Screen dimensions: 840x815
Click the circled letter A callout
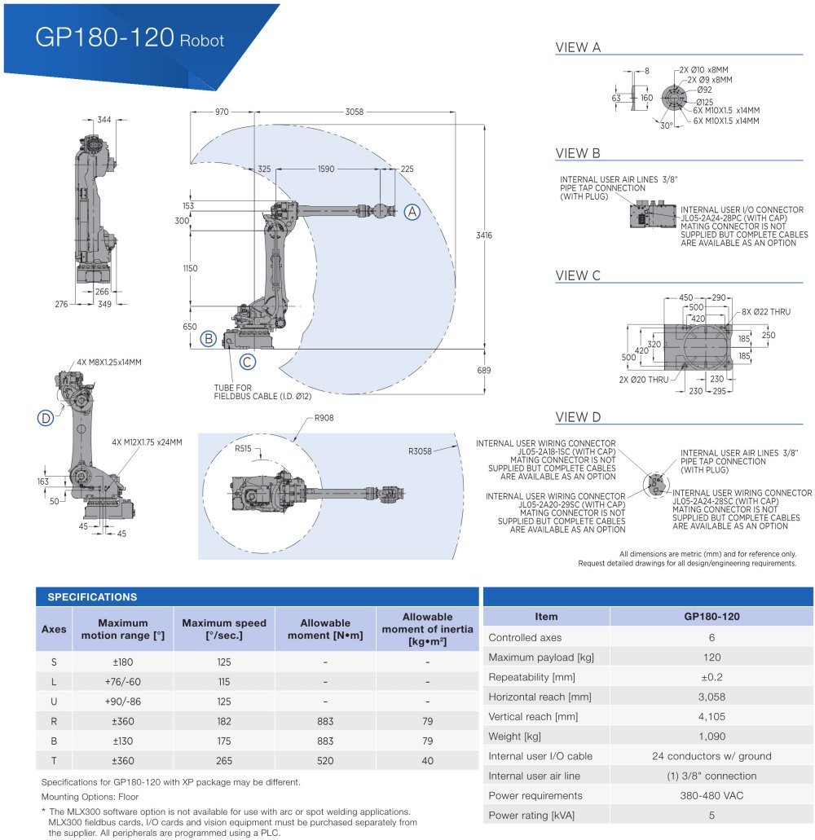(x=412, y=212)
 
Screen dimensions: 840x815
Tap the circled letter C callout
(x=248, y=363)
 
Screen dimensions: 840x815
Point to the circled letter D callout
(x=46, y=418)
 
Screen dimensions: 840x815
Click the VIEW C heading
(x=578, y=275)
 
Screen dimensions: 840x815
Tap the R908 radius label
(x=324, y=418)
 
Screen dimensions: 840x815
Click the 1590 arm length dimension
(x=325, y=169)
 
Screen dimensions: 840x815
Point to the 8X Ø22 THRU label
(x=766, y=311)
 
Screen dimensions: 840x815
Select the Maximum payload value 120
(x=711, y=657)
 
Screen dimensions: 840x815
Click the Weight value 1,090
(x=711, y=737)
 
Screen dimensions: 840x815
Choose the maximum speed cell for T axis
(x=224, y=761)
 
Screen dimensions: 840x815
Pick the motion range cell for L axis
(x=122, y=681)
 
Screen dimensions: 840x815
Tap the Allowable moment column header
(x=325, y=629)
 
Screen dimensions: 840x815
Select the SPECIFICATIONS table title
(x=92, y=597)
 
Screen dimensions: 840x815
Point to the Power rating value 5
(x=711, y=816)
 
